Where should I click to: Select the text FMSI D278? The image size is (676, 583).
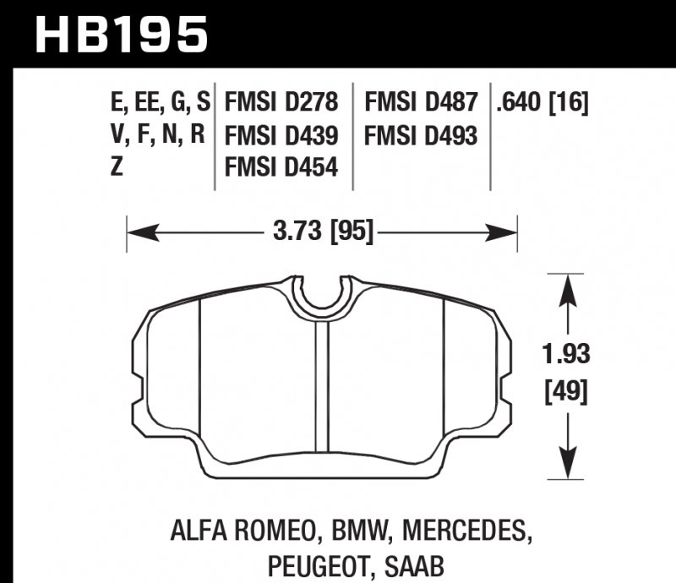coord(281,103)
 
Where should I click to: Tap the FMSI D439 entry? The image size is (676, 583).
coord(281,135)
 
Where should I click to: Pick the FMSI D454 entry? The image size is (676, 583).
coord(281,167)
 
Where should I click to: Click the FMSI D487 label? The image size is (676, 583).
coord(421,103)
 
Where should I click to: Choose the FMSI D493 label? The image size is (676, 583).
coord(421,135)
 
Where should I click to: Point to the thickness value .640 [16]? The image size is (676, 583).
coord(542,103)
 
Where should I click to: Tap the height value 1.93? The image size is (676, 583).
coord(565,355)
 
